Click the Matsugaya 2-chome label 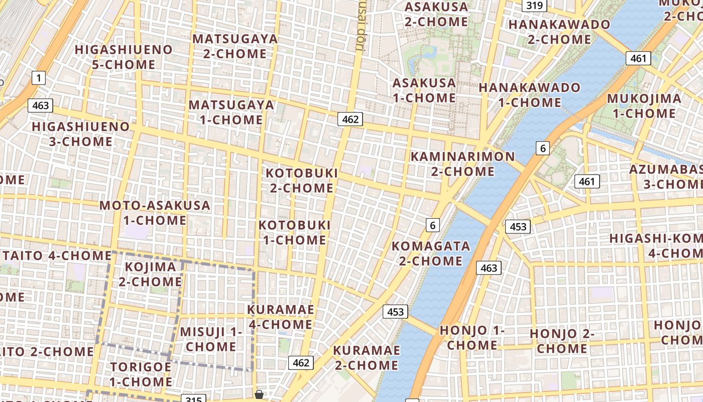(235, 46)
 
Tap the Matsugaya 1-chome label (231, 112)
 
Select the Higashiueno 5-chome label (124, 57)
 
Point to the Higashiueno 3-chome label (81, 134)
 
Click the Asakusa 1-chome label (424, 90)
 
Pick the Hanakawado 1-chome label (529, 94)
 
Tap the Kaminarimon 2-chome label (462, 164)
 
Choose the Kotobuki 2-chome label (302, 180)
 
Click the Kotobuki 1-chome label (295, 232)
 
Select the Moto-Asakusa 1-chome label (155, 213)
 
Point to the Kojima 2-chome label (150, 274)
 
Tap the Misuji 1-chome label (211, 339)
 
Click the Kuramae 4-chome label (281, 317)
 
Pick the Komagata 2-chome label (430, 253)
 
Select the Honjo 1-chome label (472, 338)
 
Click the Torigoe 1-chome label (141, 374)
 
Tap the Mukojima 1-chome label (644, 106)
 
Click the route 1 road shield (39, 78)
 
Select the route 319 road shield (534, 6)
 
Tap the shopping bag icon (259, 394)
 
